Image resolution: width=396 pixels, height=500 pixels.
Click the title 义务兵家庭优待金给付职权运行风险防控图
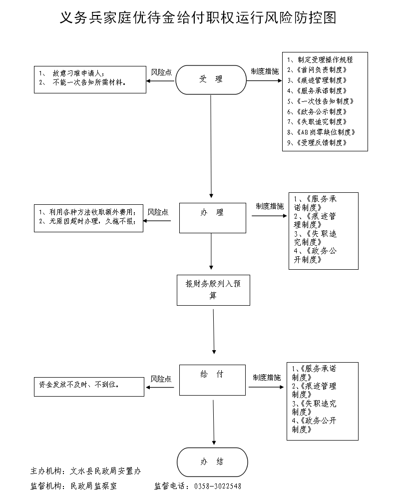point(198,18)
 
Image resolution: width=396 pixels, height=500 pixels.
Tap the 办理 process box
point(212,217)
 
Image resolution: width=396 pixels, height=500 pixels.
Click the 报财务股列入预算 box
point(213,290)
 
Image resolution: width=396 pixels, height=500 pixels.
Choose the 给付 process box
point(212,380)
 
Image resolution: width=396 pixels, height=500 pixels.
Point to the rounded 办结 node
point(212,462)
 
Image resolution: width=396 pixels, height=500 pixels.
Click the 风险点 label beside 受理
point(161,72)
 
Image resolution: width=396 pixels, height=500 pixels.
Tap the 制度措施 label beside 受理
point(265,71)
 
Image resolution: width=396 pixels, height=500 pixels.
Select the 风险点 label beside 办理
point(158,212)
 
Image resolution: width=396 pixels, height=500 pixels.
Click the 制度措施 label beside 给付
point(266,377)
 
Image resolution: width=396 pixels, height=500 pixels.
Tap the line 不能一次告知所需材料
point(88,83)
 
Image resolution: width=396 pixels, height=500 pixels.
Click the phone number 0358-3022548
point(217,486)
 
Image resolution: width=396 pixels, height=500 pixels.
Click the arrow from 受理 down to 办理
point(211,145)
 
